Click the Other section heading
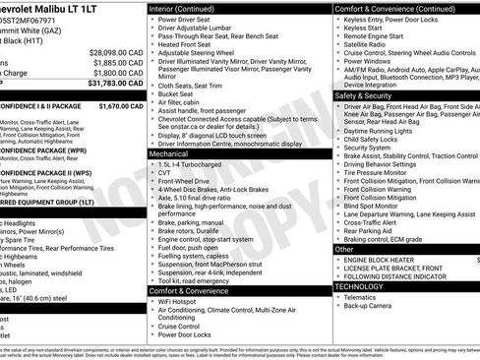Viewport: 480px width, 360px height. [344, 249]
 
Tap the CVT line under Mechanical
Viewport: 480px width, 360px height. [165, 174]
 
